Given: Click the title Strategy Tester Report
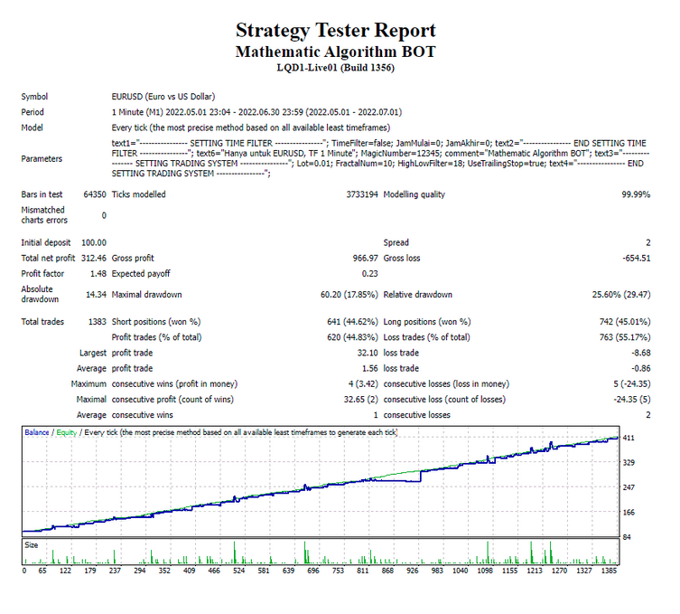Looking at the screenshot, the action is [336, 31].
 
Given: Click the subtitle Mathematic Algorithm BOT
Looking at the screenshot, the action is [336, 52].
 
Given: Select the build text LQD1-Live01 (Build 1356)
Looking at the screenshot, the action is [336, 68].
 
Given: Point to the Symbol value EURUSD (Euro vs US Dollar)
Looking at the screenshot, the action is [163, 97].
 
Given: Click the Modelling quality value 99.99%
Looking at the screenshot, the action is [636, 194].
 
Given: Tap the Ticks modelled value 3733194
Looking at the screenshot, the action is [362, 194].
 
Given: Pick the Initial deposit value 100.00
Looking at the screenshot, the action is [94, 242].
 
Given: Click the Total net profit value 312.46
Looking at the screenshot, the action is [94, 259].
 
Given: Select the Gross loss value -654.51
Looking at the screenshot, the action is [637, 259].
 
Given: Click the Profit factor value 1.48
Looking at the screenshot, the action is [98, 274].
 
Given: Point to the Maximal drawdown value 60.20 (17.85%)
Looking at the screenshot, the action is [349, 295].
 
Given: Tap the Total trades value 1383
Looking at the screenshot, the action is [98, 322].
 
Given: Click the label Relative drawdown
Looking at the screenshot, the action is [417, 295].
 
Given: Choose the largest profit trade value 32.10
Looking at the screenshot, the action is [368, 353].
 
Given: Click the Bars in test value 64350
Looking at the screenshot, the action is [95, 194].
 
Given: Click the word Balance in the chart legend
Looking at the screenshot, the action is [37, 432].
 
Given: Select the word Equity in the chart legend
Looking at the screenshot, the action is [66, 433].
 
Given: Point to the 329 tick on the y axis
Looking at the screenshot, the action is [629, 462].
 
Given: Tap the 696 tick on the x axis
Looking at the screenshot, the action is [313, 571].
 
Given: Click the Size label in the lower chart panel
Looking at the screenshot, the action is [32, 545].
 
